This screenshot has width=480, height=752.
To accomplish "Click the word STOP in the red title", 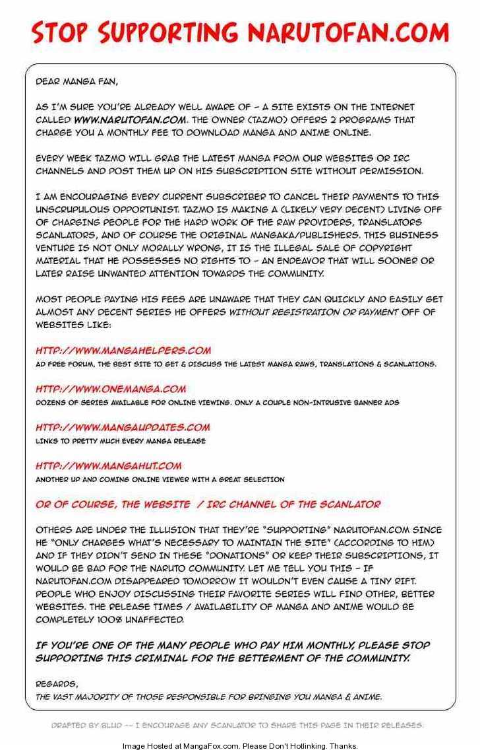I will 60,32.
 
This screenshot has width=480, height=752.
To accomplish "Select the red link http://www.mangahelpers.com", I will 123,351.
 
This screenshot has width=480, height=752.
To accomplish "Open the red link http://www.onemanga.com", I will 111,389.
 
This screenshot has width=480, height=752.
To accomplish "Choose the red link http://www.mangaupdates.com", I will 123,427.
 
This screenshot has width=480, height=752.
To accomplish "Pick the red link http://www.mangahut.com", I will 108,465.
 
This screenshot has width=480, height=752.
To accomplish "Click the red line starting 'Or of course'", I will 208,504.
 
